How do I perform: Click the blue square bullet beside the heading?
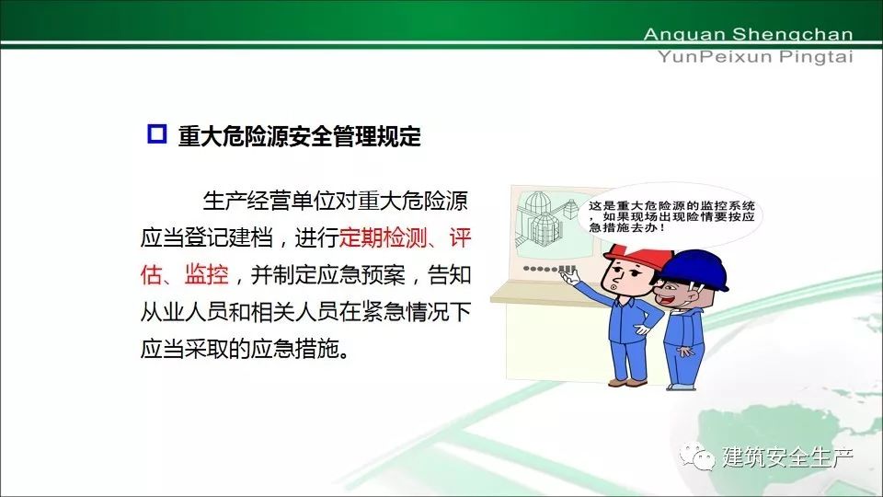pos(156,133)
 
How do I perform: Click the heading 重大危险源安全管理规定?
pos(299,136)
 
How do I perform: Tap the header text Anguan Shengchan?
pos(749,34)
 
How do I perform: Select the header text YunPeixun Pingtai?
pos(755,57)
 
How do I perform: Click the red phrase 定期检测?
pos(383,238)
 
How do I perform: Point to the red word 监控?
pos(207,275)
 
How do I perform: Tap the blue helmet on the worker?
pos(694,271)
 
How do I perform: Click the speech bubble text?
pos(671,216)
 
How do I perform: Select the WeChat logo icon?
pos(696,456)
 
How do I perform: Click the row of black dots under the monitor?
pos(549,269)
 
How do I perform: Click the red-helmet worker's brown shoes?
pos(628,383)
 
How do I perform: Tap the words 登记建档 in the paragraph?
pos(229,238)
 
